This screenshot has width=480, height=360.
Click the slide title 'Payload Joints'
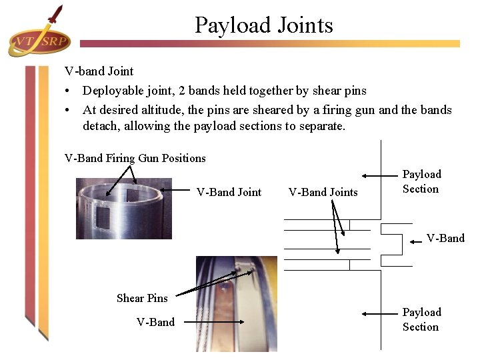coord(263,25)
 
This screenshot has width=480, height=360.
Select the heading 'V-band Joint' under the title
coord(99,71)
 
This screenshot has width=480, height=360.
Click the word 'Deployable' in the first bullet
coord(111,90)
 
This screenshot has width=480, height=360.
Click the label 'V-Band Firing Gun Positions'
coord(135,158)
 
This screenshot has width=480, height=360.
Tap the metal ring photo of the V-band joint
coord(123,208)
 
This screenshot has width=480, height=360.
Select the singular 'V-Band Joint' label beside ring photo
coord(229,192)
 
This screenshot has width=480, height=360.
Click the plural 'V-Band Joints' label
coord(323,192)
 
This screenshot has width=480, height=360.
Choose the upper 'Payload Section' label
coord(421,181)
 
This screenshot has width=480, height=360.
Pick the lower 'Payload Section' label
coord(421,319)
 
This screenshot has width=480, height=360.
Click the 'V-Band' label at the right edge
coord(445,238)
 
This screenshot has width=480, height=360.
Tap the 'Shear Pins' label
coord(142,298)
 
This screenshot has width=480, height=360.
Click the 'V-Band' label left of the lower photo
coord(155,322)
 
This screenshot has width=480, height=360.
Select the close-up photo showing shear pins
coord(236,303)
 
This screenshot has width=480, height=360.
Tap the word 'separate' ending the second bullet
coord(323,126)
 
